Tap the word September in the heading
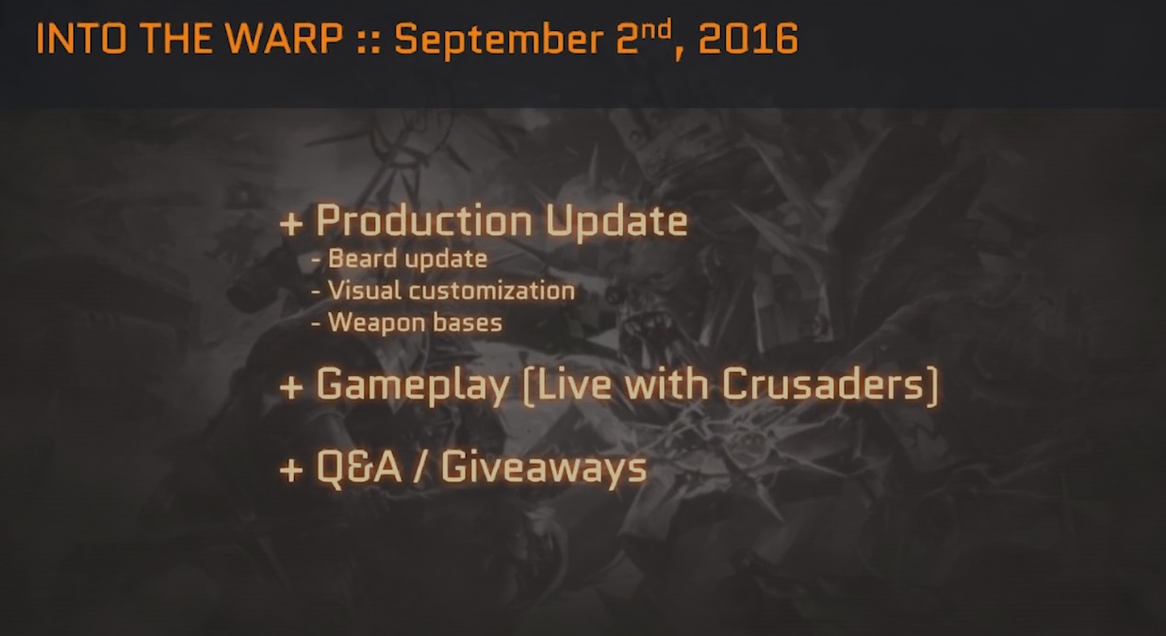(499, 41)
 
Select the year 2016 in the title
(747, 39)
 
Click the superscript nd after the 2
(657, 30)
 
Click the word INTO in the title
(81, 39)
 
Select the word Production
(424, 221)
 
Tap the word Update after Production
(616, 221)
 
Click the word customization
(492, 290)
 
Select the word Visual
(365, 290)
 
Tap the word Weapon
(376, 322)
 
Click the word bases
(468, 322)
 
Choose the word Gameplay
(413, 385)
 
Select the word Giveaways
(544, 468)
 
